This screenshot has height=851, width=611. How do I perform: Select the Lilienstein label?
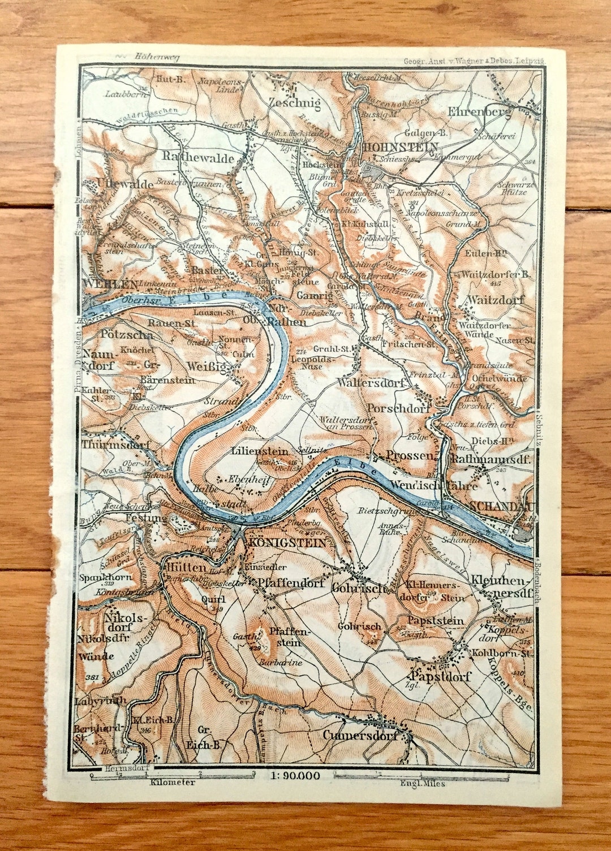tap(260, 452)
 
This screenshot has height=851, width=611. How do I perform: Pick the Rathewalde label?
tap(198, 158)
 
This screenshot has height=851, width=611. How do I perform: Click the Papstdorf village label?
tap(442, 677)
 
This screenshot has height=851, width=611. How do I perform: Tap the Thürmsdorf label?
tap(116, 445)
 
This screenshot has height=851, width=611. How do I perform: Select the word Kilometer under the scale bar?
tap(173, 783)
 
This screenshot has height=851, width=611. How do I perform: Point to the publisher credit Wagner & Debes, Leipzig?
tap(473, 61)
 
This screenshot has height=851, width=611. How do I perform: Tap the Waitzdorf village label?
tap(496, 300)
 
